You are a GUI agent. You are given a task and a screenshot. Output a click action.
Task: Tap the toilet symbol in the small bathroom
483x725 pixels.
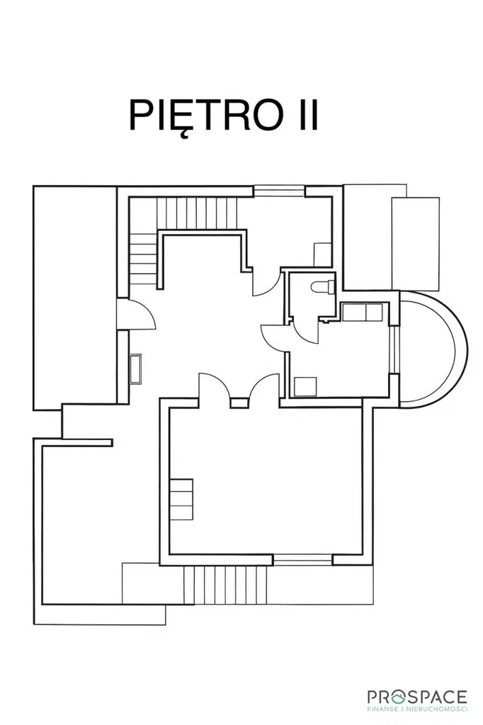[x=323, y=287]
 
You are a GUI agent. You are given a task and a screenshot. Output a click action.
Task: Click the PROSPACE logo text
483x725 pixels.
[x=417, y=697]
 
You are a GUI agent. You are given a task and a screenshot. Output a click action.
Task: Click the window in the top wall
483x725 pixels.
[x=279, y=191]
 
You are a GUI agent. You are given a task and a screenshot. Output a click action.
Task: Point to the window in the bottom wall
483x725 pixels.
[x=303, y=560]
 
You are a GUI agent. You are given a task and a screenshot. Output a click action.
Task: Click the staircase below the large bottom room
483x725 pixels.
[x=225, y=585]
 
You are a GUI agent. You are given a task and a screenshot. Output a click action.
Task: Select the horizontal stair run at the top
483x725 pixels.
[x=197, y=213]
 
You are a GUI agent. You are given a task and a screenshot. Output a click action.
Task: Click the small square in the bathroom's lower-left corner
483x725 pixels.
[x=305, y=387]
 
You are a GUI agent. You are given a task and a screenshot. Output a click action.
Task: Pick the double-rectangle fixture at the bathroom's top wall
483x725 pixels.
[x=362, y=312]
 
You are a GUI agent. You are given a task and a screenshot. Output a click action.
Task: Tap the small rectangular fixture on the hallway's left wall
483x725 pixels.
[x=135, y=369]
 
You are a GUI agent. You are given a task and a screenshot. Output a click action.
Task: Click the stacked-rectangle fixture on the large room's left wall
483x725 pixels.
[x=181, y=500]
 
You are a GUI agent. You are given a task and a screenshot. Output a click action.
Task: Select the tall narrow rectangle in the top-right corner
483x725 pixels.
[x=415, y=244]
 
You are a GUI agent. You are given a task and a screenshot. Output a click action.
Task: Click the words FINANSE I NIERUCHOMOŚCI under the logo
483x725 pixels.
[x=417, y=709]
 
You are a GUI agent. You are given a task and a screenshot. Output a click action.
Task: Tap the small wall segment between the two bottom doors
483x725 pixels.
[x=239, y=403]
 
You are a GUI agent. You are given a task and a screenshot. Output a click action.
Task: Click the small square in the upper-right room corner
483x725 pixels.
[x=322, y=254]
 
